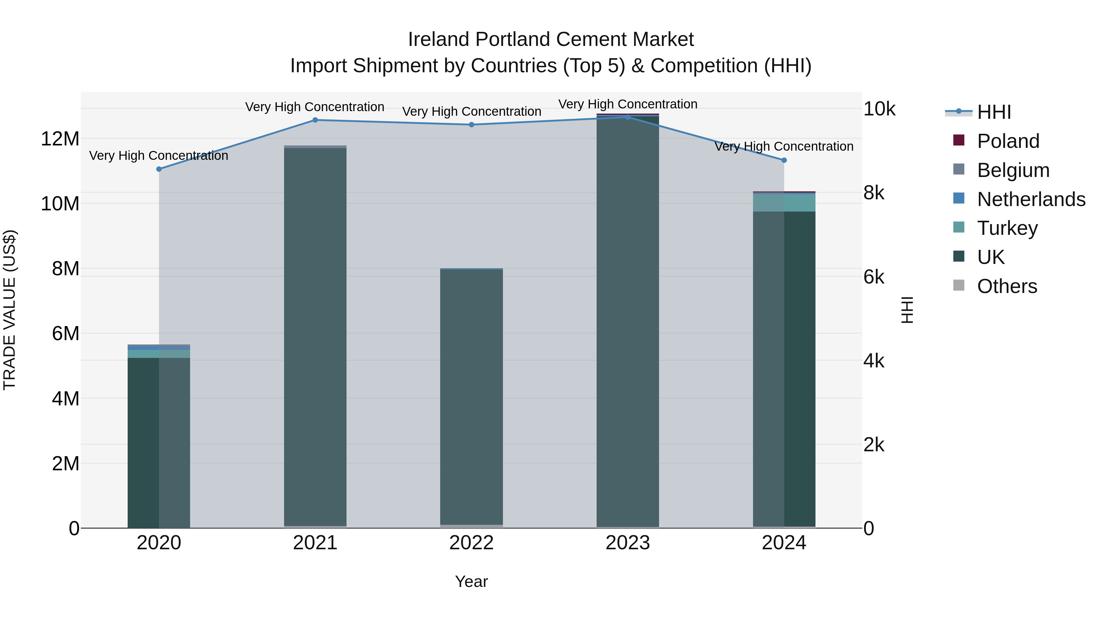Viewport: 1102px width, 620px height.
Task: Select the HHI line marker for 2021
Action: click(315, 120)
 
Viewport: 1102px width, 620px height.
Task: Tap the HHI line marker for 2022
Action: click(471, 125)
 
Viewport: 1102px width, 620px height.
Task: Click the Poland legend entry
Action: click(1008, 141)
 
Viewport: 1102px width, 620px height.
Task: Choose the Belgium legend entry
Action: click(1013, 170)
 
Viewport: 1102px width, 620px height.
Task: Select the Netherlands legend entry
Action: click(1031, 199)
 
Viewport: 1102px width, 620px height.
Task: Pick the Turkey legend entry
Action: click(1007, 228)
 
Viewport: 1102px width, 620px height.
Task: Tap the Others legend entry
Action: click(1007, 286)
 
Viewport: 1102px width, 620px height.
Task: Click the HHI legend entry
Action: click(994, 112)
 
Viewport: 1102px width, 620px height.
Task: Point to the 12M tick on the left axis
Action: click(60, 139)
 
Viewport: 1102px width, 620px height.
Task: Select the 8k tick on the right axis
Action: click(874, 193)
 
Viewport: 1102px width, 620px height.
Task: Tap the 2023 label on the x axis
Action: click(628, 543)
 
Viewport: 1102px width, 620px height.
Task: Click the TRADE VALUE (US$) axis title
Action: click(9, 310)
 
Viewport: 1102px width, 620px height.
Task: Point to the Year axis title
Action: click(471, 581)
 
